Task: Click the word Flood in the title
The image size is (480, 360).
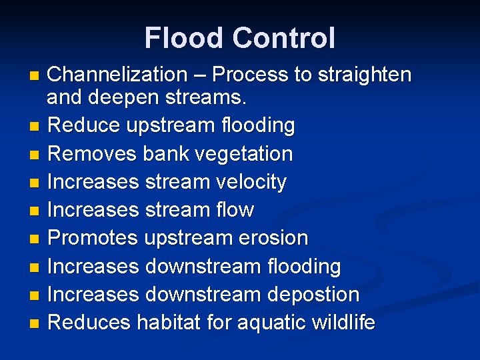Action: click(x=181, y=38)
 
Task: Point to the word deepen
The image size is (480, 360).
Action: click(x=120, y=98)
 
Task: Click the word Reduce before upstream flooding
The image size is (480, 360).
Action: click(x=84, y=125)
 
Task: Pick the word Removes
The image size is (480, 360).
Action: click(x=93, y=154)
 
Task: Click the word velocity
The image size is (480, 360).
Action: click(x=247, y=182)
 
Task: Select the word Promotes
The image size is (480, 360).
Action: click(x=93, y=238)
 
